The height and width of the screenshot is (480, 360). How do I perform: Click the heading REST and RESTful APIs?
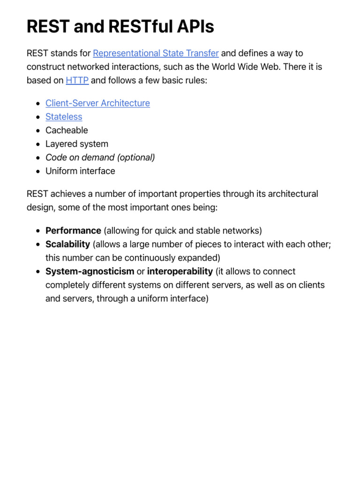pos(120,27)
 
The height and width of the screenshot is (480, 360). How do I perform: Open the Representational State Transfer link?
pos(156,53)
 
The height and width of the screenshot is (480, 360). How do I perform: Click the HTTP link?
pos(77,80)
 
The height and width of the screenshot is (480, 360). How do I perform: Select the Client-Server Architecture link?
pos(97,103)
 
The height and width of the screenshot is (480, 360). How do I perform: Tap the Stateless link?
pos(64,117)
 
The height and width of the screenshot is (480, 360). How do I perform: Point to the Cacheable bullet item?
pos(67,130)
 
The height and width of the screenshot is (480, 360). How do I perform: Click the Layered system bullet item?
pos(77,144)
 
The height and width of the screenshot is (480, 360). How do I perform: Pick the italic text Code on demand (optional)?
pos(100,157)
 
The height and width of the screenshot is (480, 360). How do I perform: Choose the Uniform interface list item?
pos(80,171)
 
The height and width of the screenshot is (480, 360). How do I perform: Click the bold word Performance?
pos(73,231)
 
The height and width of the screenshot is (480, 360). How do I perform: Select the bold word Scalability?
pos(67,244)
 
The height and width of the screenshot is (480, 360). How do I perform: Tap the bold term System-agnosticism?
pos(90,271)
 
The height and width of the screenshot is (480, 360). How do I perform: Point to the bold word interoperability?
pos(180,271)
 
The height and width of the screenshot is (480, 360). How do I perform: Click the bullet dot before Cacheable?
pos(37,131)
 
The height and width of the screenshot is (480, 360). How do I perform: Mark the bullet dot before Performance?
pos(37,231)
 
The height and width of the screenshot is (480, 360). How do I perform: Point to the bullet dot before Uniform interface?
pos(37,172)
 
